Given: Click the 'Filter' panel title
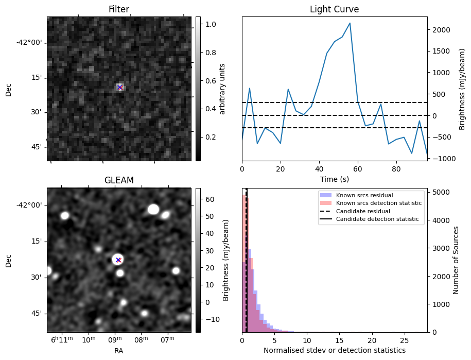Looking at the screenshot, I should click(x=118, y=9).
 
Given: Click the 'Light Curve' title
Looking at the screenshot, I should click(x=334, y=9).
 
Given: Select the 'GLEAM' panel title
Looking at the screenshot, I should click(x=118, y=180).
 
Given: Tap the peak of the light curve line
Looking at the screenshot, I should click(x=350, y=23).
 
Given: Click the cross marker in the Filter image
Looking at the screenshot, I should click(x=120, y=88).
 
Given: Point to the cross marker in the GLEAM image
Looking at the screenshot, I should click(x=118, y=260).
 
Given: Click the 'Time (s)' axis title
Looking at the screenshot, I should click(x=334, y=178).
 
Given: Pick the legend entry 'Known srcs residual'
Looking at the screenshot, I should click(x=364, y=195).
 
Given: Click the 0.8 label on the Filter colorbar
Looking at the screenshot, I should click(x=211, y=53).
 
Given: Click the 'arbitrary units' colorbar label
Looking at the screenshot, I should click(x=222, y=89).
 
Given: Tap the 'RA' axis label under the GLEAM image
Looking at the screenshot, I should click(x=118, y=350).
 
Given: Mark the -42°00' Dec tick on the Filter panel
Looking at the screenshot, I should click(x=30, y=42).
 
